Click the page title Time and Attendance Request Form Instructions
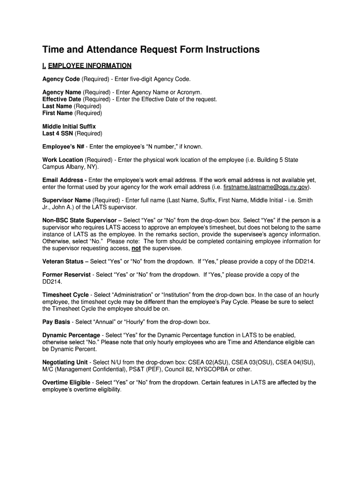pos(151,50)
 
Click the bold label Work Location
pos(63,160)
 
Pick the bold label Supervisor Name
pos(66,200)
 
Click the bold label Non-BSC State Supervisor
pos(79,220)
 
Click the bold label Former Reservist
pos(66,275)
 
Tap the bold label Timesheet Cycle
pos(65,295)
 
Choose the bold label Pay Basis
pos(56,322)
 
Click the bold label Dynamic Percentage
pos(71,335)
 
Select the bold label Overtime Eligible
pos(66,383)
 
